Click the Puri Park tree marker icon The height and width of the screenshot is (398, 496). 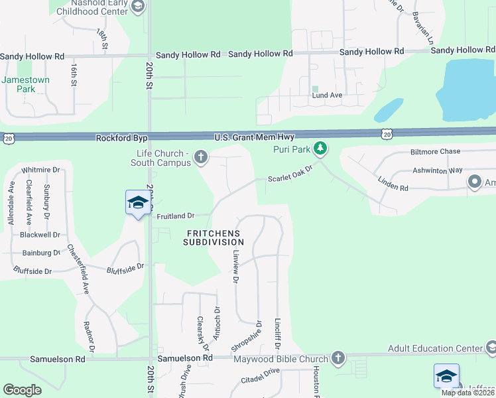(x=320, y=147)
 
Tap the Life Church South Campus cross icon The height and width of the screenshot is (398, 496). (x=200, y=157)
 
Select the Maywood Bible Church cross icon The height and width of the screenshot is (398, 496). (x=338, y=358)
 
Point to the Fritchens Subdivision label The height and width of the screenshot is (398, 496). (x=214, y=237)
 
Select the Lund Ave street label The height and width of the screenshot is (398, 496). (x=327, y=95)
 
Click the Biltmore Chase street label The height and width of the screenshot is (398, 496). (x=435, y=151)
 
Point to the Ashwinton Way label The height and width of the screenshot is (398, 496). (x=436, y=170)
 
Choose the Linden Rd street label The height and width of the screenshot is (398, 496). (x=393, y=184)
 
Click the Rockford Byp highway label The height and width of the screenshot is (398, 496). (x=121, y=138)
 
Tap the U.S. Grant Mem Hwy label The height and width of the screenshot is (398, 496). (x=254, y=137)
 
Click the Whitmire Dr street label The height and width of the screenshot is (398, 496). (x=40, y=170)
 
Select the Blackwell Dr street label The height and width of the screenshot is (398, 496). (x=40, y=235)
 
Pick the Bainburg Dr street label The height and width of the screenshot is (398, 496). (x=41, y=253)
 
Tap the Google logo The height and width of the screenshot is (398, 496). (x=22, y=390)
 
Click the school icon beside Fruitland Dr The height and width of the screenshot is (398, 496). (x=137, y=203)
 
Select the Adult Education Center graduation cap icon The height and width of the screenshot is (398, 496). (x=491, y=347)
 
